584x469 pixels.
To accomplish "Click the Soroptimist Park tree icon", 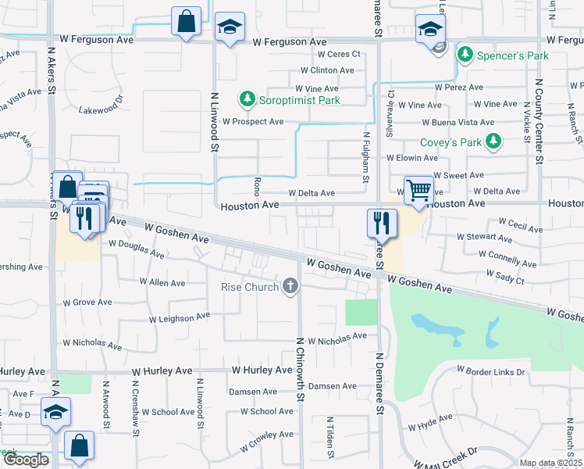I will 247,99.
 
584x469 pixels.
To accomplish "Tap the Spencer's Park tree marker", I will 465,55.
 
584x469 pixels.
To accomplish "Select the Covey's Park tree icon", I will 493,141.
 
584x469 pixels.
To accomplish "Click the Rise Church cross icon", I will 290,286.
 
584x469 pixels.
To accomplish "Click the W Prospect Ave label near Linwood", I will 253,122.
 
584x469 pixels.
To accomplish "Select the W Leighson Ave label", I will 180,317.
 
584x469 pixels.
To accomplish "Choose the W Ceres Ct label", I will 338,54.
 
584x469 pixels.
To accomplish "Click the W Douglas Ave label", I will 137,249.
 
